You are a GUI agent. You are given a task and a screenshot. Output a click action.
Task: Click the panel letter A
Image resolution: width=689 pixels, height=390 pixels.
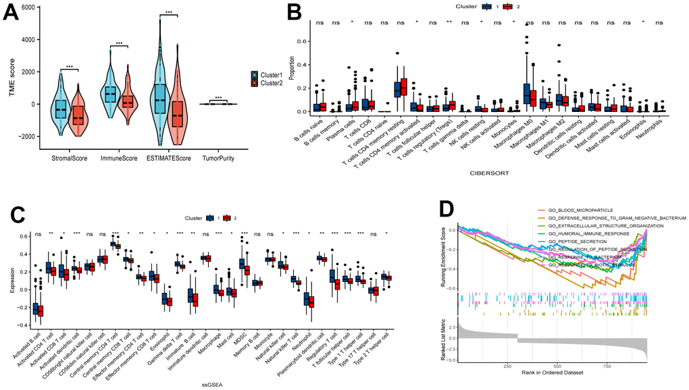(x=13, y=13)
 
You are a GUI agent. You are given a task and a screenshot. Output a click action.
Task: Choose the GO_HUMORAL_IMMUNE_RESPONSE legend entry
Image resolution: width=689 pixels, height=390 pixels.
(x=592, y=233)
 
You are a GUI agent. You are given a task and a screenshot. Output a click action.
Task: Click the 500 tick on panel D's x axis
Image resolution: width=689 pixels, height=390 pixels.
(x=556, y=366)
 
